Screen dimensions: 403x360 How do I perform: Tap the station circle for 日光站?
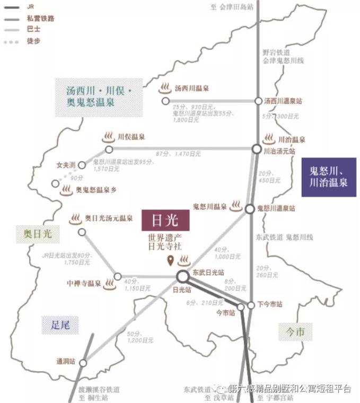[183, 276]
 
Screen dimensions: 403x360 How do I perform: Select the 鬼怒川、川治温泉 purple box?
[328, 177]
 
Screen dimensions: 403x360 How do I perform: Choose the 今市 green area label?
[295, 332]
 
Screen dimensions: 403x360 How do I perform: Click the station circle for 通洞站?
[84, 362]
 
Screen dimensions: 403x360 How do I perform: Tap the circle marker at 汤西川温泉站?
[258, 101]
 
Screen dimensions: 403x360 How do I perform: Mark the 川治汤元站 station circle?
[257, 150]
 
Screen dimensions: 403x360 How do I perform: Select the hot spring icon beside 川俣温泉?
[108, 137]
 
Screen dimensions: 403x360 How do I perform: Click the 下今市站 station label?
[270, 305]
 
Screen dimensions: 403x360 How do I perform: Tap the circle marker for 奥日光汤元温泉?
[82, 232]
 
